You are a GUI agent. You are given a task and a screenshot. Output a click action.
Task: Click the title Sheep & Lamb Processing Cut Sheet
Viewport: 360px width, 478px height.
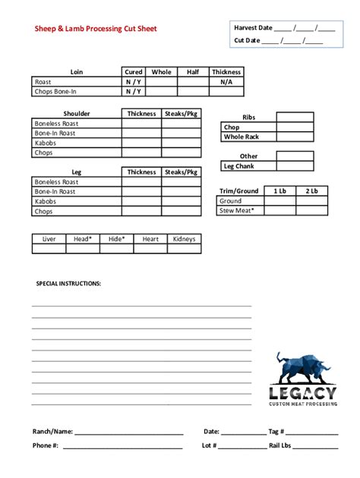(x=96, y=30)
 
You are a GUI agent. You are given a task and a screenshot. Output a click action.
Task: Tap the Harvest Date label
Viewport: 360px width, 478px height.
(x=253, y=27)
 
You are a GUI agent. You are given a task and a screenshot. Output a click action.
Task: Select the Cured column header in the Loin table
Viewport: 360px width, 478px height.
(x=134, y=72)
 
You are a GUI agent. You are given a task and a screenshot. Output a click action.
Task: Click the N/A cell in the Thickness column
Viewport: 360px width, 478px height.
(x=226, y=82)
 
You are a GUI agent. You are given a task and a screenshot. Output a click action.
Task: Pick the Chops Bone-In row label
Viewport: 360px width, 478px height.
(x=55, y=92)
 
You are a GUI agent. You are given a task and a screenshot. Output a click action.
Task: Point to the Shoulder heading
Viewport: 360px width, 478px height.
(x=77, y=114)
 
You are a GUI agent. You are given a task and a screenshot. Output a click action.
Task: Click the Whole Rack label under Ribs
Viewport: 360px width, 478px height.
(x=242, y=137)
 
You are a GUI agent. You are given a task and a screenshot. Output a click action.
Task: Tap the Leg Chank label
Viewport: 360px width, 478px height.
(x=238, y=166)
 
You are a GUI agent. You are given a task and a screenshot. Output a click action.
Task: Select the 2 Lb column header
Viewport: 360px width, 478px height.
(x=311, y=191)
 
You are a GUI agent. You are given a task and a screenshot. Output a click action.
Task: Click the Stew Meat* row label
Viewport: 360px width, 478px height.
(x=237, y=211)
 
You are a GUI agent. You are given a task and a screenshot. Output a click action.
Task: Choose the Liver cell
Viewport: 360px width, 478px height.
(x=49, y=239)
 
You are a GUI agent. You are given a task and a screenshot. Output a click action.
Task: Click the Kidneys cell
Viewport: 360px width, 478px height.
(x=184, y=239)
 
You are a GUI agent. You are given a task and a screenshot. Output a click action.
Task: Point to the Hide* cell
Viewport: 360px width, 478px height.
(x=116, y=239)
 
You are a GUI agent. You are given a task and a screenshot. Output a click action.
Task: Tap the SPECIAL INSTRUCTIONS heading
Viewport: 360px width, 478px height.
(x=69, y=283)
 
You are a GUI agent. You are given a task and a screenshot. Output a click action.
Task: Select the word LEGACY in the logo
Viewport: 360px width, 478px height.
(x=302, y=392)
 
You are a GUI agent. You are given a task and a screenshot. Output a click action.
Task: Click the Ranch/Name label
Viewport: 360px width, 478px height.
(x=52, y=431)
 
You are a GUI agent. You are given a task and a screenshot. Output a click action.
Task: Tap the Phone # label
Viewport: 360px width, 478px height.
(x=46, y=445)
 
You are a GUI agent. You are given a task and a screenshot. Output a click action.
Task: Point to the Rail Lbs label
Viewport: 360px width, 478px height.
(x=280, y=445)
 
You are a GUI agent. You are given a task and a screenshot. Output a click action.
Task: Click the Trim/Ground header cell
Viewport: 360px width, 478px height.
(x=238, y=191)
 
